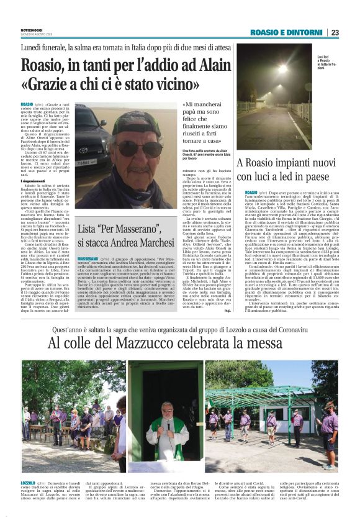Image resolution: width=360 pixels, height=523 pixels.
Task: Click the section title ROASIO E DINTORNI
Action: coord(287,32)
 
